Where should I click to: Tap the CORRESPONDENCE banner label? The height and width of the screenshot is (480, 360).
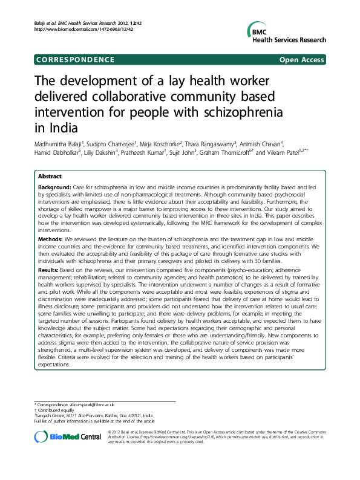75,60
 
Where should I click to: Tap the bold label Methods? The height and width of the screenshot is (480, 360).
51,240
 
